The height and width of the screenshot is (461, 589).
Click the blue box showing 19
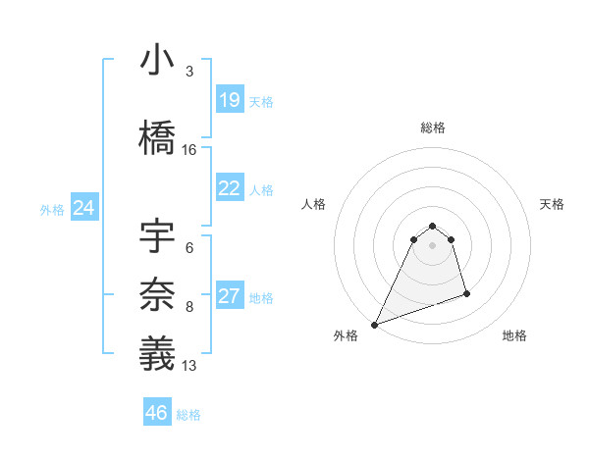pos(230,100)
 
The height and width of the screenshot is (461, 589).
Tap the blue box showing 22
pos(230,188)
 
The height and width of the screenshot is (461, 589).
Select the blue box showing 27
pos(230,297)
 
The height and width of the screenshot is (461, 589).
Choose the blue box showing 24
pos(84,208)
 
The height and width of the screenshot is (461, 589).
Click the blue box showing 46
pos(157,413)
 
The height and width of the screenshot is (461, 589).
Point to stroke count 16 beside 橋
pos(189,150)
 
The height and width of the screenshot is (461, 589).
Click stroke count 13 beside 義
pos(189,366)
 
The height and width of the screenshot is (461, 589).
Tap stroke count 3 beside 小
pos(189,72)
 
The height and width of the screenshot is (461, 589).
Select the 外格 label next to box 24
pos(52,209)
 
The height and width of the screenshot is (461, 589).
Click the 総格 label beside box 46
pos(188,415)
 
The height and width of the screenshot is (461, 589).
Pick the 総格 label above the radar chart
pos(433,128)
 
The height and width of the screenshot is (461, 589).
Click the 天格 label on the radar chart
pos(553,204)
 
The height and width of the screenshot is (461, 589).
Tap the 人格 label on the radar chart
pos(313,204)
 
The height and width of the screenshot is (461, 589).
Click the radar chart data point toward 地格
pos(466,293)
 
